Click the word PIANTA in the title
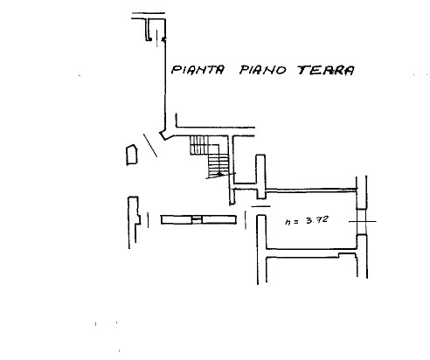[x=198, y=70]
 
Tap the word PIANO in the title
[x=262, y=70]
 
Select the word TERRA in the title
[x=326, y=71]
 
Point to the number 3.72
[x=317, y=220]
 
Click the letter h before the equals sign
[x=288, y=222]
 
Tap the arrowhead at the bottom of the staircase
[x=220, y=175]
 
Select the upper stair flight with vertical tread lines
[x=199, y=145]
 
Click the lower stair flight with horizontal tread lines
[x=218, y=165]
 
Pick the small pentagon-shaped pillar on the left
[x=131, y=155]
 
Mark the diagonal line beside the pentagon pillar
[x=150, y=145]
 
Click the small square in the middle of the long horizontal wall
[x=197, y=220]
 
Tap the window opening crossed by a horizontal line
[x=362, y=222]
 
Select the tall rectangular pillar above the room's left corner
[x=260, y=177]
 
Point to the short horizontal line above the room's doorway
[x=260, y=206]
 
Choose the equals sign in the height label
[x=295, y=222]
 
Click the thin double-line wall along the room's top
[x=311, y=190]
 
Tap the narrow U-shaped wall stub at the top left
[x=149, y=29]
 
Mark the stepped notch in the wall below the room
[x=348, y=255]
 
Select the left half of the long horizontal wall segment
[x=177, y=220]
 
